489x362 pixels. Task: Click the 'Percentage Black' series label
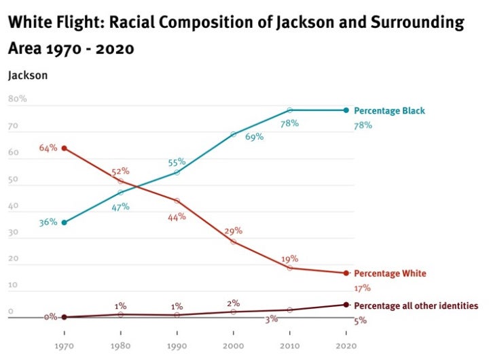pyautogui.click(x=389, y=110)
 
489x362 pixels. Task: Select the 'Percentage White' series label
pyautogui.click(x=391, y=274)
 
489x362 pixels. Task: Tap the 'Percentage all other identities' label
pyautogui.click(x=416, y=306)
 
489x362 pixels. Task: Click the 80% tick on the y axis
pyautogui.click(x=17, y=99)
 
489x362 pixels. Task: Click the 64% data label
pyautogui.click(x=48, y=148)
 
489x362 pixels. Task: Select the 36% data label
pyautogui.click(x=48, y=223)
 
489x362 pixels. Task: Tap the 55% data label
pyautogui.click(x=177, y=163)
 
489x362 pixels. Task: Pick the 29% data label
pyautogui.click(x=234, y=231)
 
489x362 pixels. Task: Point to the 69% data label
pyautogui.click(x=254, y=137)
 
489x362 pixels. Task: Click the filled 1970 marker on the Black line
pyautogui.click(x=64, y=223)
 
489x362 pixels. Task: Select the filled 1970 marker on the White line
pyautogui.click(x=64, y=148)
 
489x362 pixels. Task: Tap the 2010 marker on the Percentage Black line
pyautogui.click(x=290, y=110)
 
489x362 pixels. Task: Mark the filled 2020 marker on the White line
pyautogui.click(x=346, y=273)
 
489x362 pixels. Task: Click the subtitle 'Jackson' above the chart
pyautogui.click(x=28, y=76)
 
